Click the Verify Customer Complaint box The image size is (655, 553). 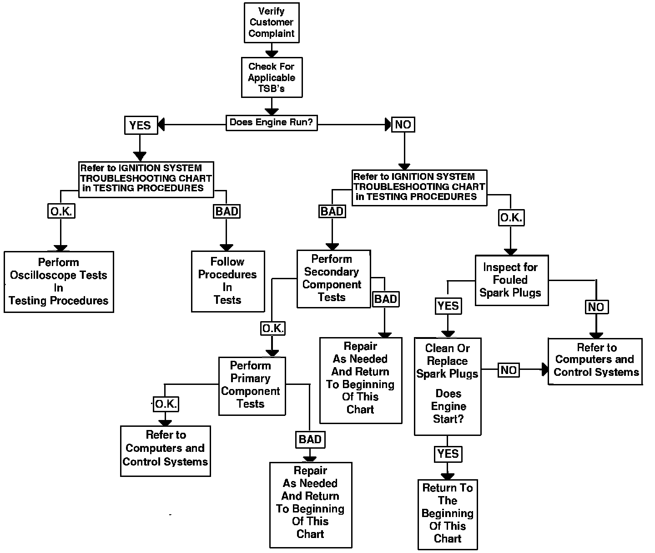pos(272,23)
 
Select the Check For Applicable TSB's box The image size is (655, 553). pos(272,77)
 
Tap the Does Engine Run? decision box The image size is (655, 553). pos(272,123)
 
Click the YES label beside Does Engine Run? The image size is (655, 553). pos(141,125)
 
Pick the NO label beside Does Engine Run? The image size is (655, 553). pos(403,124)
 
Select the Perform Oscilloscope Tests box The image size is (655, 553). pos(59,282)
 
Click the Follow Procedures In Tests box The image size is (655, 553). pos(227,281)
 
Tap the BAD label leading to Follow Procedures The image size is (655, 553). pos(227,211)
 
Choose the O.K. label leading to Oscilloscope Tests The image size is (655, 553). pos(61,211)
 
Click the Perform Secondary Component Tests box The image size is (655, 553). pos(333,278)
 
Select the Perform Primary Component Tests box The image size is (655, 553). pos(252,385)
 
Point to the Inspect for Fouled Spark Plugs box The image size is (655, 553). pos(511,280)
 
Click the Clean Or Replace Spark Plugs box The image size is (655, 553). pos(448,386)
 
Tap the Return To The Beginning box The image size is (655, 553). pos(448,514)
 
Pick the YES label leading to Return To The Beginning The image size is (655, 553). pos(448,454)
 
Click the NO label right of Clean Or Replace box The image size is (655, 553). pos(509,370)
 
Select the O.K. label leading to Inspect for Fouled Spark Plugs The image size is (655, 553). pos(511,218)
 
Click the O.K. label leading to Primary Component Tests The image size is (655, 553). pos(273,328)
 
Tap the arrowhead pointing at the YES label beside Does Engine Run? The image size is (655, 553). pos(161,124)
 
